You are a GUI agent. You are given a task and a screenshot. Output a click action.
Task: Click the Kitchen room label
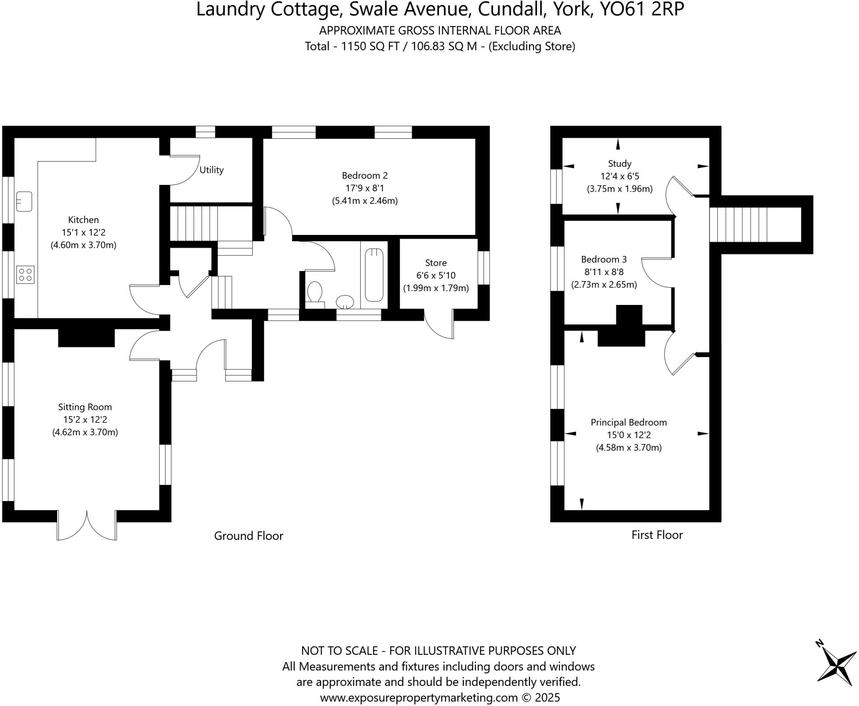(83, 219)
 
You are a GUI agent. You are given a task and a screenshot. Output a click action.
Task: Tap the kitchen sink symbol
(24, 201)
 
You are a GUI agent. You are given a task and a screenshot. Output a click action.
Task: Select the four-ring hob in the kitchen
(26, 275)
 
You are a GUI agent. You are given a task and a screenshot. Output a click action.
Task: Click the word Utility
(211, 170)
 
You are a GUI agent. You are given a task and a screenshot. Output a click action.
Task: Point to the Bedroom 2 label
(364, 175)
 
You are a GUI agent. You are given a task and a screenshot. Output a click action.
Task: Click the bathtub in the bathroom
(374, 275)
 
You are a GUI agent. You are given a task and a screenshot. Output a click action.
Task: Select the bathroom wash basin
(345, 301)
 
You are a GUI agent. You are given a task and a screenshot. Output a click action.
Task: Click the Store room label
(436, 263)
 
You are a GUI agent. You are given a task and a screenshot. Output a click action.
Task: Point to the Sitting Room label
(85, 407)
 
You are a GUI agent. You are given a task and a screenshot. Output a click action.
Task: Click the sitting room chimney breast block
(86, 338)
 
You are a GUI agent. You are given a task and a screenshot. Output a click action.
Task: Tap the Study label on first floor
(620, 164)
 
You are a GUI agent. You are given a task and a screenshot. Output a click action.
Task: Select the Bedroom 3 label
(604, 259)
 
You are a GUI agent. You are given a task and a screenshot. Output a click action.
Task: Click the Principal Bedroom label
(628, 422)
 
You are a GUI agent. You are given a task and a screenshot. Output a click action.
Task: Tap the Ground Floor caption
(249, 536)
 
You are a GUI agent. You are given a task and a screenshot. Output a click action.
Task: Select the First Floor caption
(657, 535)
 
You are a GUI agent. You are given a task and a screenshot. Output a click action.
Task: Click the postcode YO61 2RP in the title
(642, 10)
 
